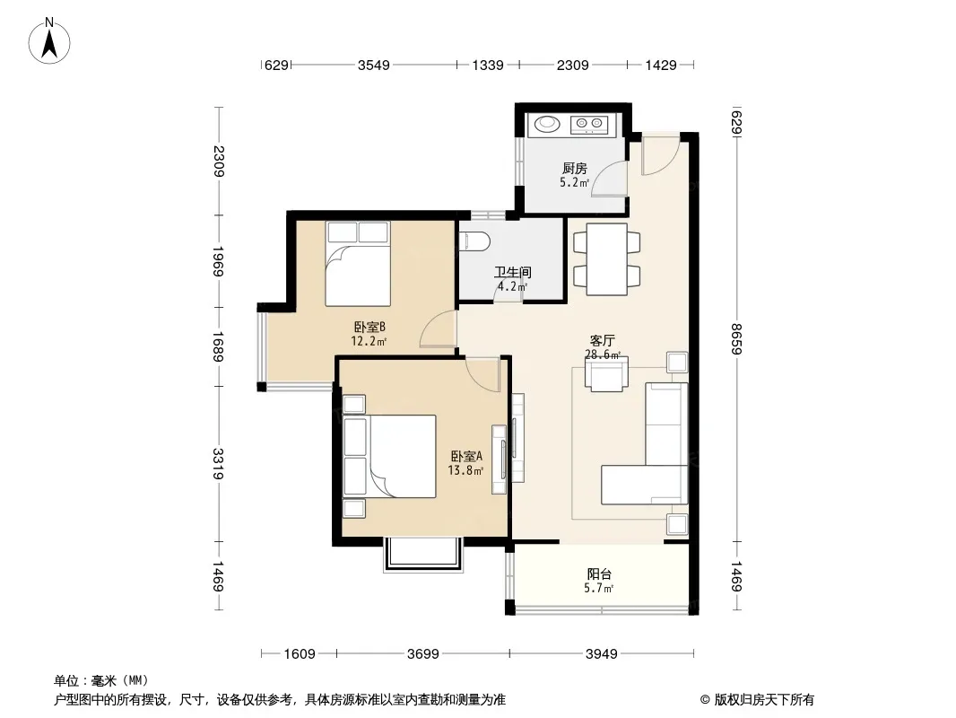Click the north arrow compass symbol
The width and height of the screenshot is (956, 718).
(x=49, y=41)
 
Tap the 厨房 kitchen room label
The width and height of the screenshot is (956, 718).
(x=574, y=168)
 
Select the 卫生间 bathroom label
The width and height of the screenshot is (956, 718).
(x=513, y=272)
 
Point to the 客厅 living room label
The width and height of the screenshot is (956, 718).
(x=602, y=340)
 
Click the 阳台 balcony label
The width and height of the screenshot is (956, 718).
(x=599, y=574)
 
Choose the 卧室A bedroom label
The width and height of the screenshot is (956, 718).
(x=467, y=456)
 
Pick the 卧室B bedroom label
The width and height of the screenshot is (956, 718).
(x=369, y=327)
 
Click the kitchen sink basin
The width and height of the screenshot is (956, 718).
(x=548, y=124)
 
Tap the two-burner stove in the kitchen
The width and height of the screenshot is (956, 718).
(x=589, y=125)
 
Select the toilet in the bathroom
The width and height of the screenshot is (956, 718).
(x=474, y=241)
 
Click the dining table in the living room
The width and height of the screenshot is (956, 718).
(x=606, y=259)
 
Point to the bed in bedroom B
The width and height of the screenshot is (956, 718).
(x=358, y=264)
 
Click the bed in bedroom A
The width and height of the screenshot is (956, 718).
(x=389, y=456)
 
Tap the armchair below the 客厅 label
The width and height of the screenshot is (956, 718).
(x=606, y=373)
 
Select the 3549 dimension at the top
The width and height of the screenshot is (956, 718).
(x=374, y=65)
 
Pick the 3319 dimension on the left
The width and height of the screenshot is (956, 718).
(x=218, y=464)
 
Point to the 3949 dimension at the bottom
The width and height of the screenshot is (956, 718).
(x=602, y=654)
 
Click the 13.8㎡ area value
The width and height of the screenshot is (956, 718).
(x=465, y=470)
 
